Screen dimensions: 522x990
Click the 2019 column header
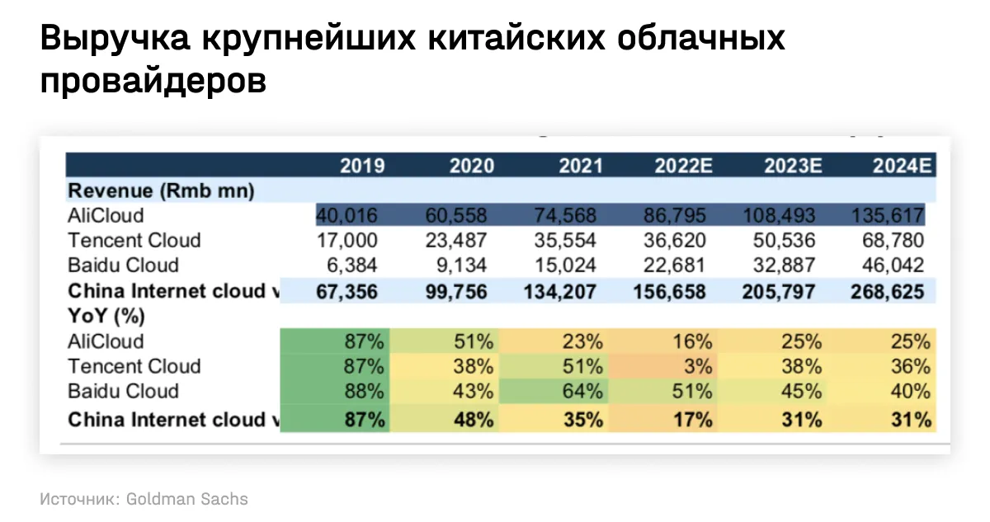(x=362, y=166)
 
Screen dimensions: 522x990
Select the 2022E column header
(x=683, y=166)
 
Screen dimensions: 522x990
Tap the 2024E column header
(x=903, y=166)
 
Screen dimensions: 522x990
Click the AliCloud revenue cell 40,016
(x=347, y=216)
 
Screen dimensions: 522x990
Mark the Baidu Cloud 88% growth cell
(x=365, y=391)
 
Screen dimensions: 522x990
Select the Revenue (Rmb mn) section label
(x=161, y=190)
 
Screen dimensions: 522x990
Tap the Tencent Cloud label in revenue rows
(x=134, y=241)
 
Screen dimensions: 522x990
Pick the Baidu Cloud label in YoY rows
(x=123, y=391)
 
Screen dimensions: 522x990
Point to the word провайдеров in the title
(x=153, y=80)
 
